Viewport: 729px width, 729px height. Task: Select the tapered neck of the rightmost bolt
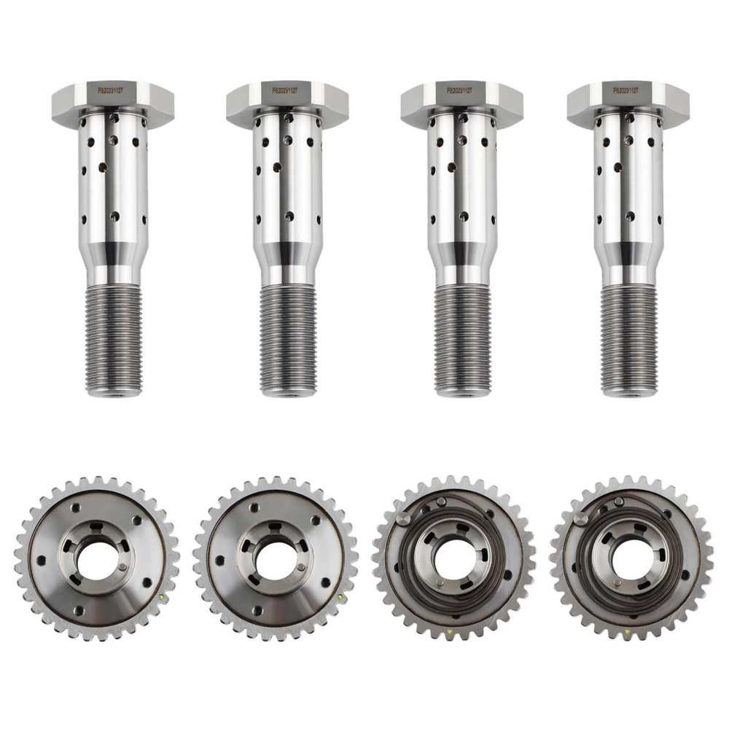click(x=628, y=255)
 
